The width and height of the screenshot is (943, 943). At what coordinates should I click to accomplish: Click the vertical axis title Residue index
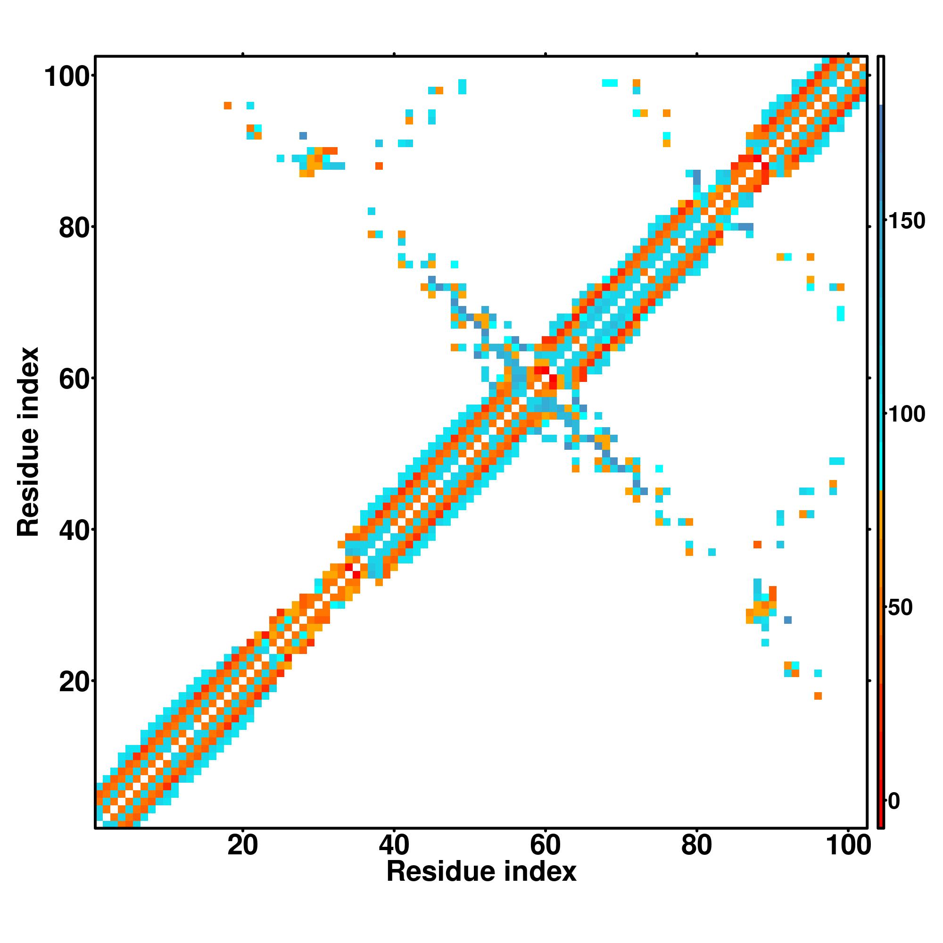click(x=28, y=442)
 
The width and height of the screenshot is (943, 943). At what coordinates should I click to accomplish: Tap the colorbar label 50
click(x=901, y=608)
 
